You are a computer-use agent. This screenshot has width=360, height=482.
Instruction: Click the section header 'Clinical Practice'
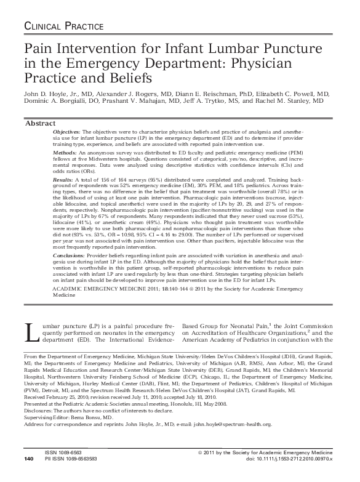click(x=63, y=26)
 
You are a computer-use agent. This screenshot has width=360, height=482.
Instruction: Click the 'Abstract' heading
click(x=40, y=124)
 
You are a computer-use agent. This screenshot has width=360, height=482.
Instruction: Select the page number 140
click(x=28, y=476)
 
